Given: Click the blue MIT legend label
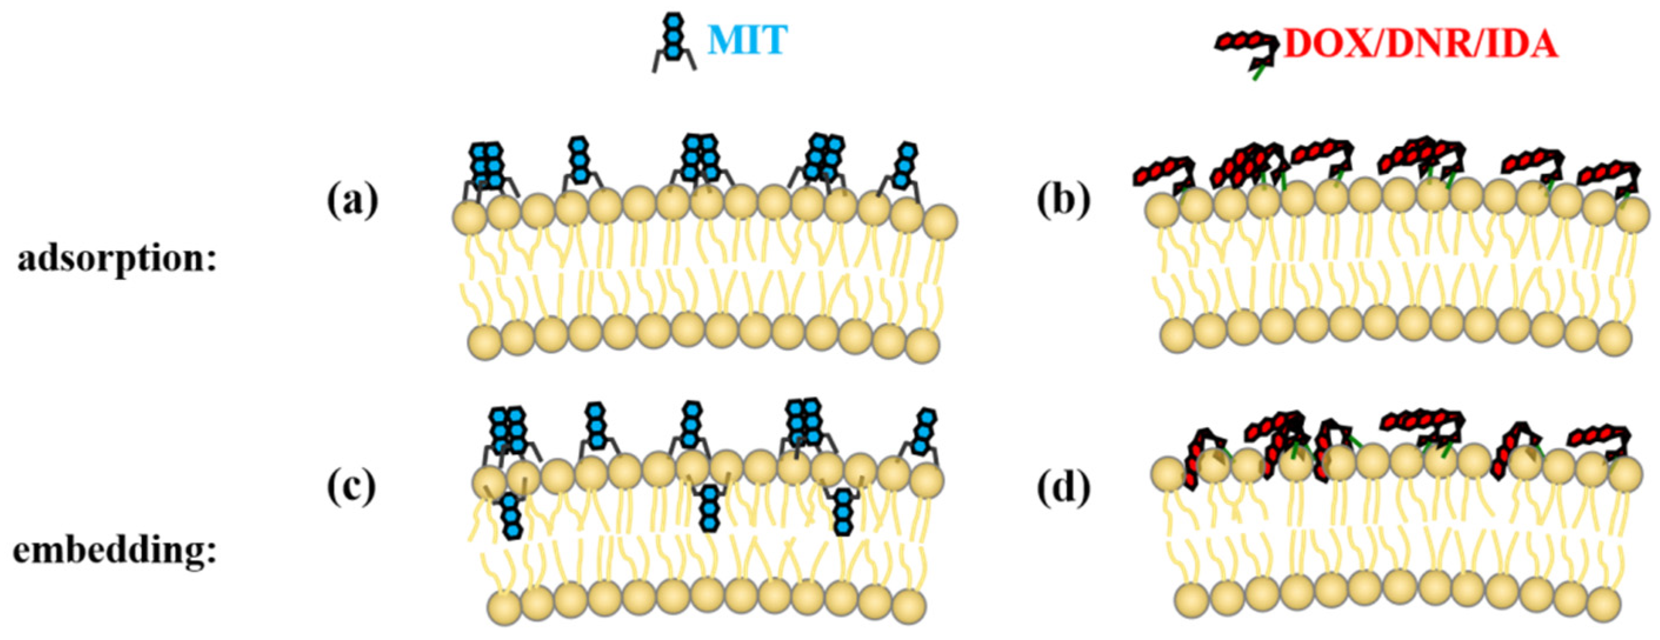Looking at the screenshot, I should point(748,41).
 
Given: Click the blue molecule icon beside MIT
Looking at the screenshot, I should point(674,42).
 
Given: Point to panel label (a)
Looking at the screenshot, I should point(352,202).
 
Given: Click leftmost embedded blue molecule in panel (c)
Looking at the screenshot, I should point(511,516).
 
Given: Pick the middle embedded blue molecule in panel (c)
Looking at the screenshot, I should point(709,508).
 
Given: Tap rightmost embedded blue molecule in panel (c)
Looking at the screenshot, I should point(843,512).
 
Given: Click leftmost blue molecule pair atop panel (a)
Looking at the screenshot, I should point(488,166).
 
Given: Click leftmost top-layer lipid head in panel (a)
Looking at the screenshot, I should point(470,217).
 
